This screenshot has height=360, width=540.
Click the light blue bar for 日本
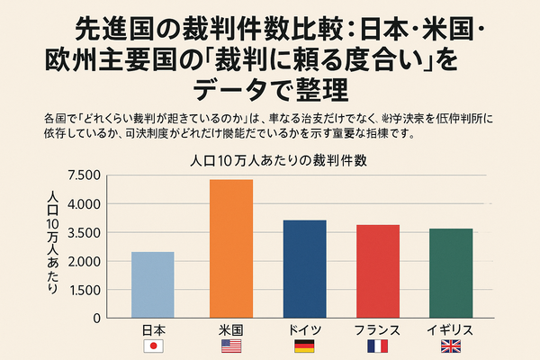(x=152, y=284)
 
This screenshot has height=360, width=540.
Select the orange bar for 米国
(x=231, y=248)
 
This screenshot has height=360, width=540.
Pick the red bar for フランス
(x=378, y=271)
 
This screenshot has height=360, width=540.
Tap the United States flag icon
(x=231, y=346)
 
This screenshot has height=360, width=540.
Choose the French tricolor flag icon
(x=378, y=346)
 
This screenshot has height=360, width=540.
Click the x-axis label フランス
(x=378, y=330)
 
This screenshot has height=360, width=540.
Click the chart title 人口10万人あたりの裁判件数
(x=271, y=161)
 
